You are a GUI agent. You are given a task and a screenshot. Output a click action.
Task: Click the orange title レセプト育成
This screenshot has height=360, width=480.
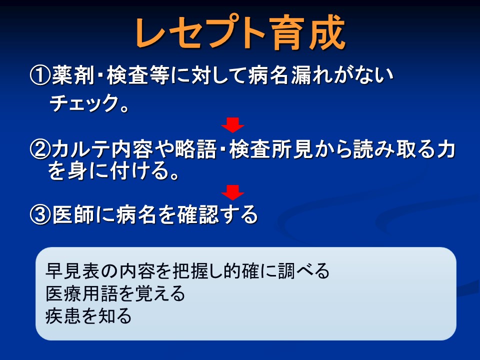pyautogui.click(x=240, y=33)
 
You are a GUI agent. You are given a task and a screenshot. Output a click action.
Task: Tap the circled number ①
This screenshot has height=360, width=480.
pyautogui.click(x=40, y=75)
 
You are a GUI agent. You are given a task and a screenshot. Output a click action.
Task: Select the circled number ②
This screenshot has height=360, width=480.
pyautogui.click(x=40, y=149)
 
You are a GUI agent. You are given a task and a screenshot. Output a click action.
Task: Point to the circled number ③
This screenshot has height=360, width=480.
pyautogui.click(x=40, y=214)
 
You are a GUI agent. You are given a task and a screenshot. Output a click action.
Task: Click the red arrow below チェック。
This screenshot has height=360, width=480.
pyautogui.click(x=232, y=125)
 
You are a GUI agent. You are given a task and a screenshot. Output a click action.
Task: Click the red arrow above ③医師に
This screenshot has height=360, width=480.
pyautogui.click(x=232, y=192)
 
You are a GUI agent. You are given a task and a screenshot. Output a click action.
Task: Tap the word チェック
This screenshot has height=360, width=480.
pyautogui.click(x=84, y=103)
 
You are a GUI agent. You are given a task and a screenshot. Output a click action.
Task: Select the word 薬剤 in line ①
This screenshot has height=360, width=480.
pyautogui.click(x=73, y=75)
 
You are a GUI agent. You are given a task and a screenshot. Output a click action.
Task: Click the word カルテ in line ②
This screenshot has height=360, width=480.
pyautogui.click(x=81, y=149)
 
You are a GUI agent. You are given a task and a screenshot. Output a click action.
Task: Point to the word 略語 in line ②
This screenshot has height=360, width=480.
pyautogui.click(x=195, y=149)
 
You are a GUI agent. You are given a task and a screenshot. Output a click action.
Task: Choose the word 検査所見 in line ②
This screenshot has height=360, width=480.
pyautogui.click(x=270, y=149)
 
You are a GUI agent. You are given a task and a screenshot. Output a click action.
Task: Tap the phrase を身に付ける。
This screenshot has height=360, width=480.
pyautogui.click(x=113, y=170)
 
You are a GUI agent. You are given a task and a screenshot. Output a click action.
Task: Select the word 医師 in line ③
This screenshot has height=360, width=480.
pyautogui.click(x=73, y=214)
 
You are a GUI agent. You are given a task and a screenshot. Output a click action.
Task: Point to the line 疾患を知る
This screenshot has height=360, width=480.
pyautogui.click(x=88, y=316)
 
